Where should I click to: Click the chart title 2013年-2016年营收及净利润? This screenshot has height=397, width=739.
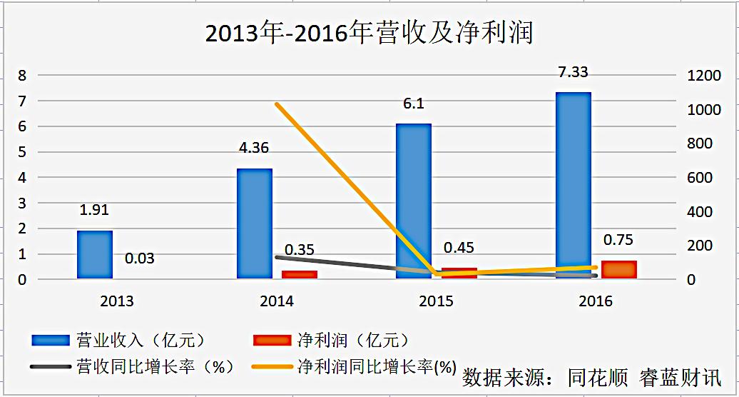369,33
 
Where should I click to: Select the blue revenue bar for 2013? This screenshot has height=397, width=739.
95,255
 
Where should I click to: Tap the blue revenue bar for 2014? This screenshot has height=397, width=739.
255,223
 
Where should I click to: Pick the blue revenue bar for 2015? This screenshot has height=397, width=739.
414,201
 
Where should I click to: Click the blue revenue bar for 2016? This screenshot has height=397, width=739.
574,186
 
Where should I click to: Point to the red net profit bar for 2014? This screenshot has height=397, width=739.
299,274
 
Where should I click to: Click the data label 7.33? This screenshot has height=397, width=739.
574,72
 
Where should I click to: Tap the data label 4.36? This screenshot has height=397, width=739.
255,149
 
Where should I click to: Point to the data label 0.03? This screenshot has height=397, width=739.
139,258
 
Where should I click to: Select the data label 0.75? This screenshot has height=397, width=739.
618,241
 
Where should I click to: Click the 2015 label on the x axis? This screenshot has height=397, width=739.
436,301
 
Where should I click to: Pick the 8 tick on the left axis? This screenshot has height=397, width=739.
22,76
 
